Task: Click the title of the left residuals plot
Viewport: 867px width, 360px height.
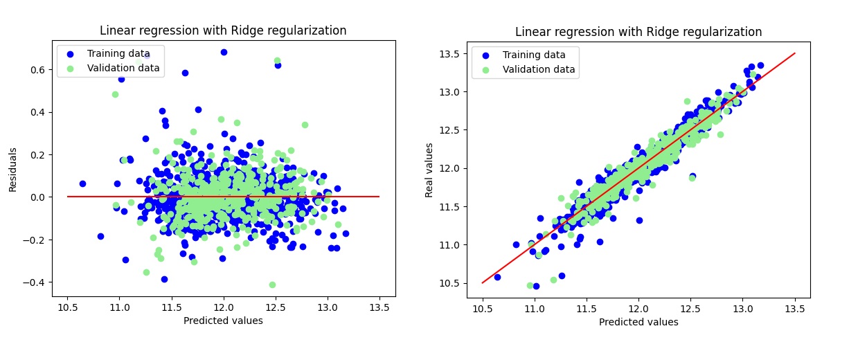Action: (223, 30)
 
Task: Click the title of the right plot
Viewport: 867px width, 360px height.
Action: (638, 32)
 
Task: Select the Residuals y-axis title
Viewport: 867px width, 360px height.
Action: (12, 169)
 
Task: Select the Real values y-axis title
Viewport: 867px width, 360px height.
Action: (429, 170)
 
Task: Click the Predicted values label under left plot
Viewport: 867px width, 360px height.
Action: (223, 321)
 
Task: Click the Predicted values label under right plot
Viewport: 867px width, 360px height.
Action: (638, 322)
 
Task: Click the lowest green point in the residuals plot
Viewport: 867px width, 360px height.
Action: (272, 285)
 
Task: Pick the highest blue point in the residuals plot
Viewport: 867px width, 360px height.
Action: (224, 52)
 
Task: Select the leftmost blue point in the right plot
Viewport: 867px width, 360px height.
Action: (497, 277)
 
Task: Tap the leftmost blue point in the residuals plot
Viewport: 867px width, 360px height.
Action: (82, 183)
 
